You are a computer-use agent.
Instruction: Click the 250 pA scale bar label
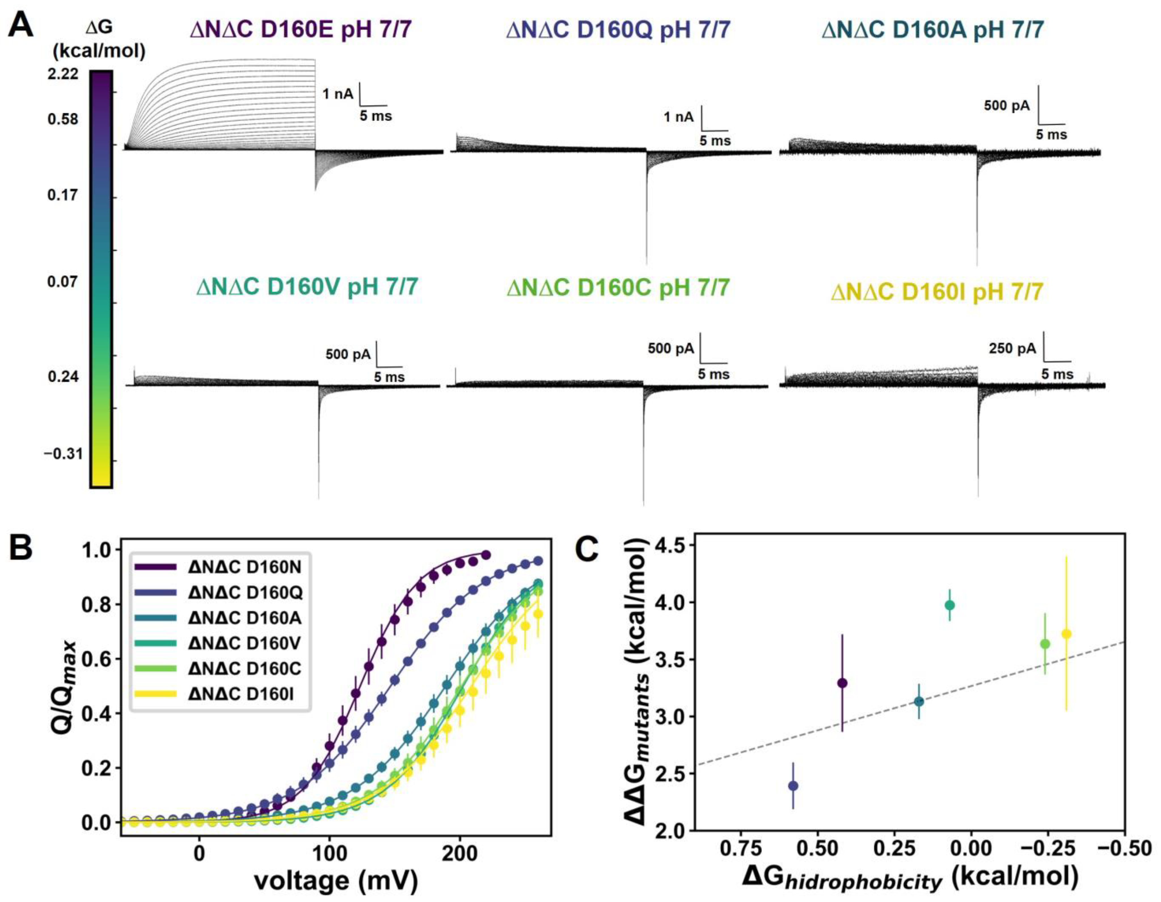tap(1012, 349)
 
